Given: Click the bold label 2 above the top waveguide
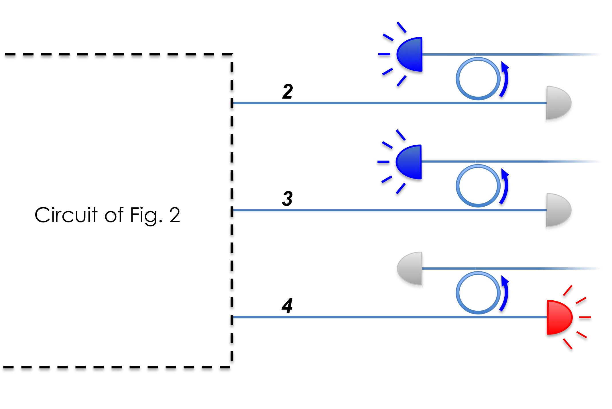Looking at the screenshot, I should coord(287,92).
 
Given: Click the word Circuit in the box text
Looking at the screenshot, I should coord(66,215).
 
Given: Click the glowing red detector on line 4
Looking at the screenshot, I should coord(558,317).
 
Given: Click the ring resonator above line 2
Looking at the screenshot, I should coord(478,79).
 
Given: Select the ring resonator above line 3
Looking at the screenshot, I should coord(478,186).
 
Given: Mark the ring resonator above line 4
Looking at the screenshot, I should coord(478,293).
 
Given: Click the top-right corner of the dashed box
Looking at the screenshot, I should coord(232,54).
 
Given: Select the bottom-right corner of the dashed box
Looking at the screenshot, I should coord(232,367).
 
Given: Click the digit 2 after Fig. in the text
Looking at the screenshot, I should coord(174,215).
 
